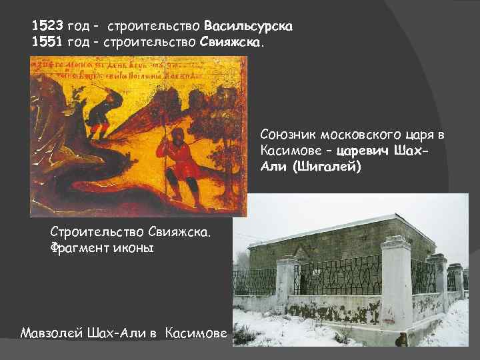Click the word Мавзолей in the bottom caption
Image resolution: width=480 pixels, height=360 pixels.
coord(51,333)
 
